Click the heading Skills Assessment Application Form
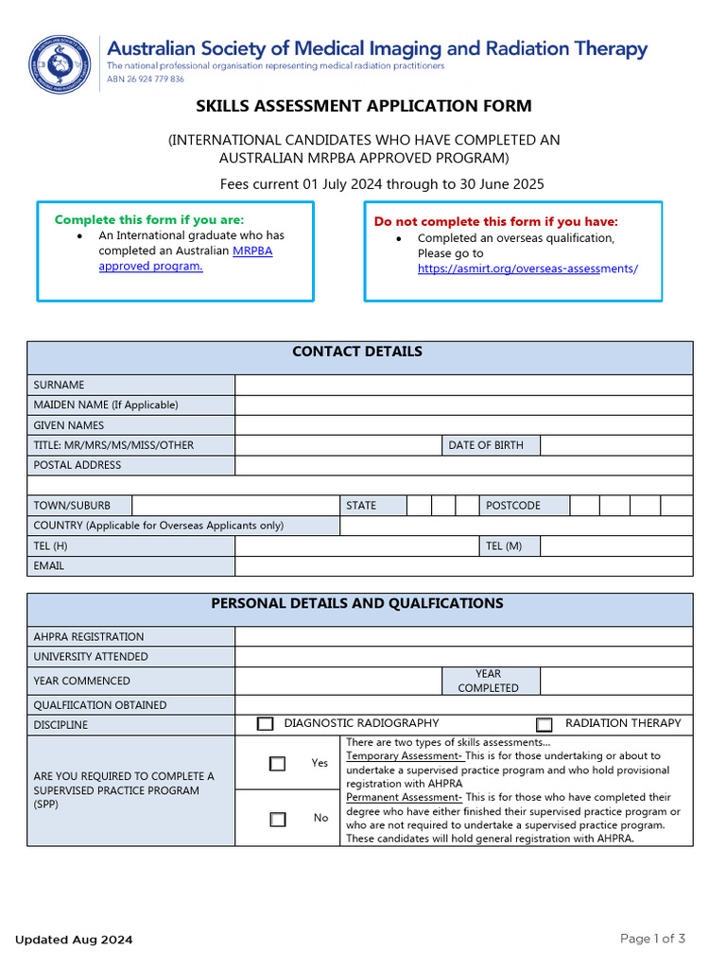(x=364, y=106)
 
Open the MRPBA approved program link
(x=185, y=258)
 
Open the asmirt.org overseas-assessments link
(x=527, y=268)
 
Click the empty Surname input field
(x=463, y=385)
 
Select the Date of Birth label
(x=486, y=445)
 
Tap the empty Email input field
(x=463, y=565)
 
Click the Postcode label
(x=513, y=506)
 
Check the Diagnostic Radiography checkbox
(x=266, y=724)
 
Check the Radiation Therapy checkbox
(x=544, y=725)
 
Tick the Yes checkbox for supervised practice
(x=277, y=764)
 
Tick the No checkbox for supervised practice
(x=277, y=819)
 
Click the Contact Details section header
(x=357, y=352)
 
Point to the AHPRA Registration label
(x=89, y=637)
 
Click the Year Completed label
(x=489, y=681)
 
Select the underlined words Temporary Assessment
(x=404, y=756)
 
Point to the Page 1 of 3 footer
(x=652, y=939)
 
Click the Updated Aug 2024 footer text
(x=74, y=940)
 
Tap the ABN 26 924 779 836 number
(x=146, y=79)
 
